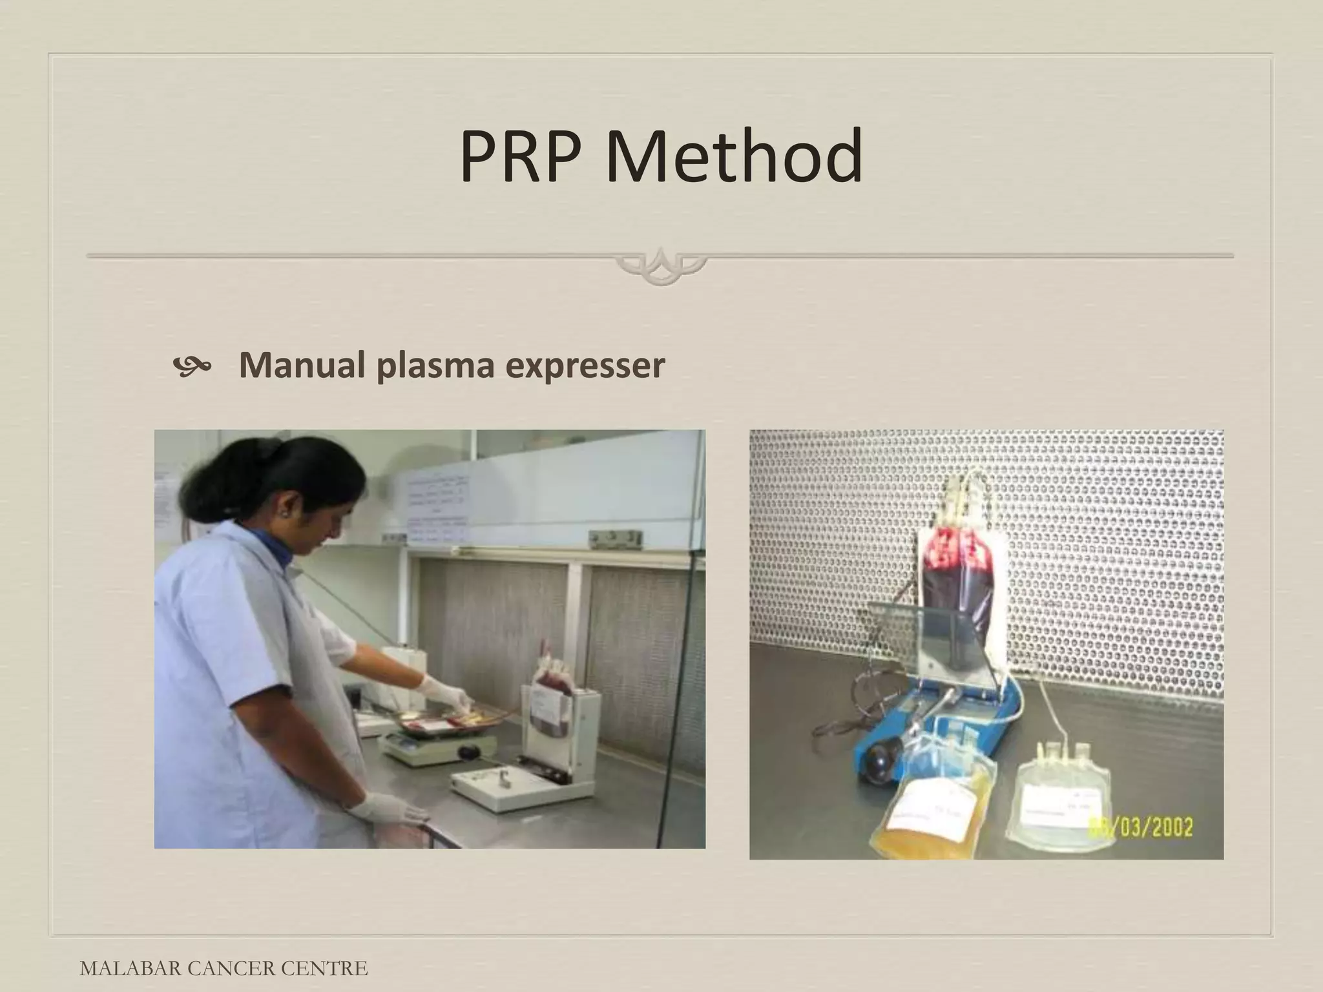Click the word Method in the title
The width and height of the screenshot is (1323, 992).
[x=734, y=157]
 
